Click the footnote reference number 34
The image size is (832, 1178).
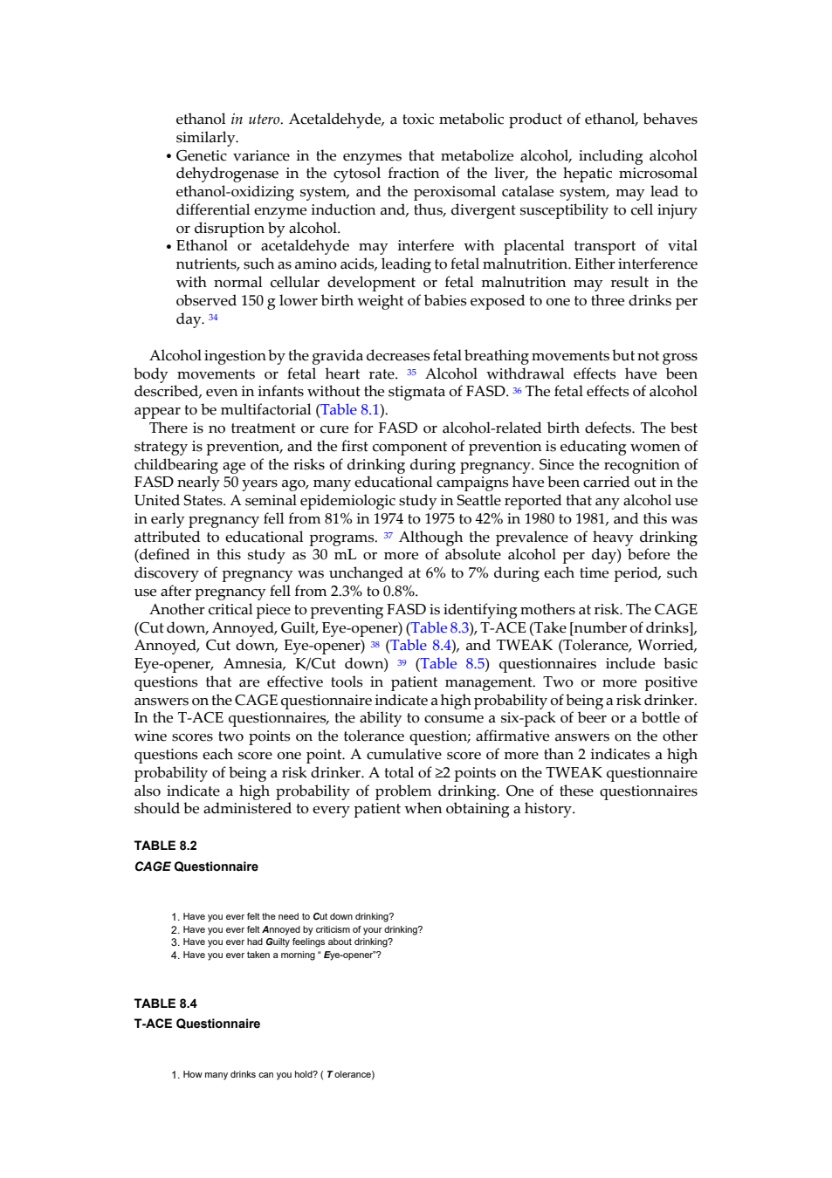coord(213,317)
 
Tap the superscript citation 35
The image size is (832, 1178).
coord(411,373)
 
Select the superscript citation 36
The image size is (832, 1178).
coord(517,390)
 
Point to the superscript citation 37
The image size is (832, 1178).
coord(388,536)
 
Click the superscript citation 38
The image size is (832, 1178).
coord(375,644)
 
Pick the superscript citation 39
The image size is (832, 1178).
coord(402,662)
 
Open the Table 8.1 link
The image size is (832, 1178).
coord(350,409)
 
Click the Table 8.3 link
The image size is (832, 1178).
coord(439,627)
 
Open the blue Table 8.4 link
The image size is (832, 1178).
coord(421,645)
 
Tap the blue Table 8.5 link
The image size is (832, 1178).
coord(452,664)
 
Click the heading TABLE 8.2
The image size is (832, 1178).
coord(165,846)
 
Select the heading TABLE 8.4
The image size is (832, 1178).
coord(165,1003)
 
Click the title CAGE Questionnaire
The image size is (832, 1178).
coord(196,866)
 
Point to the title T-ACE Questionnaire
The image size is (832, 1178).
coord(197,1024)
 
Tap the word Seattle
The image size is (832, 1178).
coord(479,500)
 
